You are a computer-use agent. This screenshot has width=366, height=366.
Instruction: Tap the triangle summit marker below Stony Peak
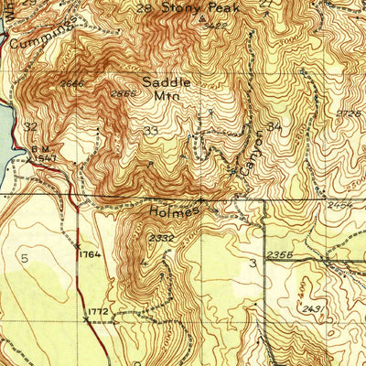coord(202,16)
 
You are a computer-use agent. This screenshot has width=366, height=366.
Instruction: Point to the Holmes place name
coord(174,211)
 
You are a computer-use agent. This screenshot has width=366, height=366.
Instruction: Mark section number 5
coord(25,259)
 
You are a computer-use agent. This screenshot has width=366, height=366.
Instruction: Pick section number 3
coord(252,264)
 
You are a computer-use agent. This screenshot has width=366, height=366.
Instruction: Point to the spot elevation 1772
coord(99,312)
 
